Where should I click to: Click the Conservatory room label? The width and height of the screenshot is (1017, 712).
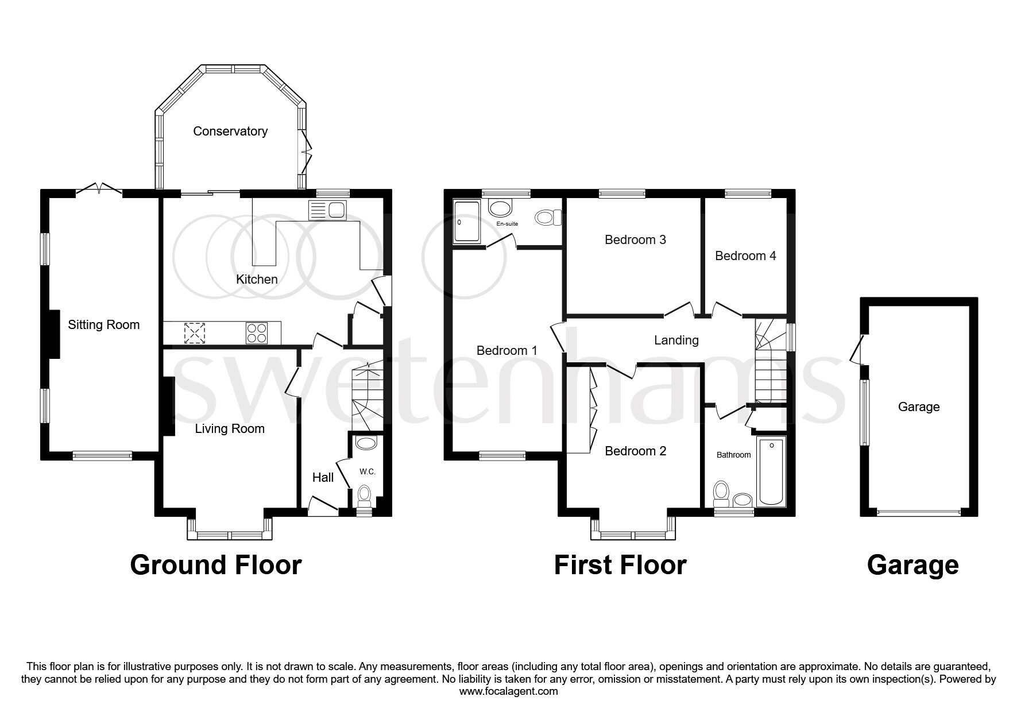(x=230, y=131)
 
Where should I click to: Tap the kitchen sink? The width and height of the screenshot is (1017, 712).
(x=327, y=211)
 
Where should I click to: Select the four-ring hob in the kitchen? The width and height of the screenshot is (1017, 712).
(x=256, y=333)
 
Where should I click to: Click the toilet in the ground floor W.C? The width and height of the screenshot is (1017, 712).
(x=364, y=494)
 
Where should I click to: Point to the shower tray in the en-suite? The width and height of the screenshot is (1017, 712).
(x=466, y=221)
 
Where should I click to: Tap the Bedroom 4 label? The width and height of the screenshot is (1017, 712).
(x=745, y=256)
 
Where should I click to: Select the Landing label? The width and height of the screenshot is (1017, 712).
(x=676, y=340)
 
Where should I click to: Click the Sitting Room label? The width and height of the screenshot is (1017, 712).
(x=103, y=324)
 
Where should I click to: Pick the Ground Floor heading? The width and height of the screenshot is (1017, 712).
(x=215, y=564)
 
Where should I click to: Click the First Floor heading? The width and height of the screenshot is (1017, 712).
(x=620, y=564)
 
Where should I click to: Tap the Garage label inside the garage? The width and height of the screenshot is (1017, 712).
(x=918, y=407)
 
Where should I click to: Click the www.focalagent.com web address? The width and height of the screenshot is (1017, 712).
(x=508, y=691)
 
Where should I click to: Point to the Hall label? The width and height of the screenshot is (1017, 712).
(x=323, y=477)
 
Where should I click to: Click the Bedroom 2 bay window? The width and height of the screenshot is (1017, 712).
(x=634, y=535)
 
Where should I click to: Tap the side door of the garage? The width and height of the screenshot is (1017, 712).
(x=859, y=349)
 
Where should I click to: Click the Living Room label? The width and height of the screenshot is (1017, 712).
(x=229, y=428)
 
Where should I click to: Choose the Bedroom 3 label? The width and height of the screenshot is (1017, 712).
(x=635, y=239)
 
